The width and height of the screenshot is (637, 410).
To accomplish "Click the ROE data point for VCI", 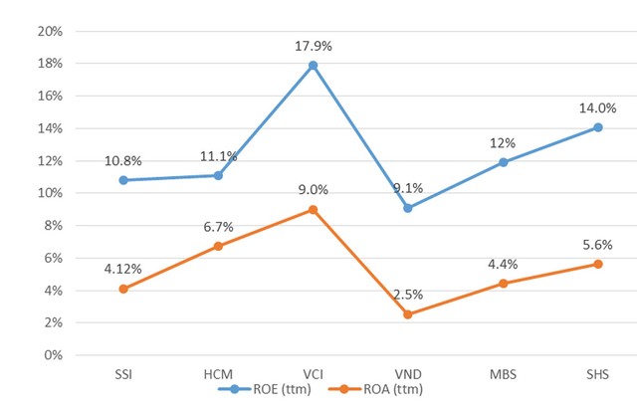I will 313,66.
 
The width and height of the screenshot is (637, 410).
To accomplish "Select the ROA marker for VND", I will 408,314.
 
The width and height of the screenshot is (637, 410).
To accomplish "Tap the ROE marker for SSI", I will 122,180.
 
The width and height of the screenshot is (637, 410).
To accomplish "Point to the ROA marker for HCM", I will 218,246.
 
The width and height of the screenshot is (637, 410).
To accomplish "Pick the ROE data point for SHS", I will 598,127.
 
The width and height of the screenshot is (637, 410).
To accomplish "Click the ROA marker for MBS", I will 504,284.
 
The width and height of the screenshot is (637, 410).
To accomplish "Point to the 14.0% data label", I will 598,108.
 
